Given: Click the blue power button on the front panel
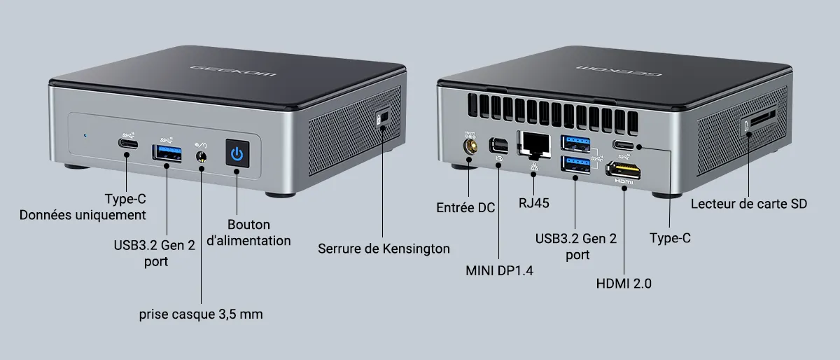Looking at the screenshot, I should pyautogui.click(x=237, y=153).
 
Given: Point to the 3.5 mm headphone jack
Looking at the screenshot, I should pyautogui.click(x=202, y=156).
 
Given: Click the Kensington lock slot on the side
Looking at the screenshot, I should pyautogui.click(x=381, y=120).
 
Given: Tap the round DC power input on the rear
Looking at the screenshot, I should pyautogui.click(x=470, y=146).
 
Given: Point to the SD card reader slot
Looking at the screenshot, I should pyautogui.click(x=759, y=120).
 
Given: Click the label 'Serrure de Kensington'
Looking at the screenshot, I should pyautogui.click(x=384, y=248).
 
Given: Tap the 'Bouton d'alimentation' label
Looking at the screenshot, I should pyautogui.click(x=248, y=233).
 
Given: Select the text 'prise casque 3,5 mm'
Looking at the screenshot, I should pyautogui.click(x=202, y=314).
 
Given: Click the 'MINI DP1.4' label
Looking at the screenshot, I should pyautogui.click(x=499, y=270).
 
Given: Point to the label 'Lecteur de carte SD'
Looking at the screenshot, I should pyautogui.click(x=749, y=204).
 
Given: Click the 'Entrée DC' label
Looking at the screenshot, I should pyautogui.click(x=465, y=207).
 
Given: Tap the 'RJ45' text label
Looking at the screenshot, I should pyautogui.click(x=533, y=203).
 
